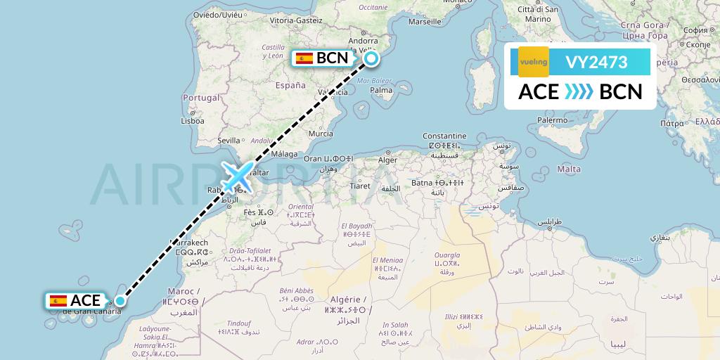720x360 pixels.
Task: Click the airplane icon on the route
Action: click(237, 176)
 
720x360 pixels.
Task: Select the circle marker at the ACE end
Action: click(120, 301)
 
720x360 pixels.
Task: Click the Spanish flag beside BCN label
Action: click(304, 58)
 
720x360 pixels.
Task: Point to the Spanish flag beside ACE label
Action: click(58, 301)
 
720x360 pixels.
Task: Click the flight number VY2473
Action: click(596, 62)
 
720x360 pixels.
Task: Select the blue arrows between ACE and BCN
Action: click(579, 92)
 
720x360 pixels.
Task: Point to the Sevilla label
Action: click(229, 140)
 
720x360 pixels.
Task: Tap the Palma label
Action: click(381, 90)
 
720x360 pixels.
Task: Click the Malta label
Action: click(568, 169)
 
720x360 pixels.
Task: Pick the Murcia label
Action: click(321, 134)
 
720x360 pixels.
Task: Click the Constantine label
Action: click(444, 136)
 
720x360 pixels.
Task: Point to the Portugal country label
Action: click(201, 98)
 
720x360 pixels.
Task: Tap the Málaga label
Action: click(285, 153)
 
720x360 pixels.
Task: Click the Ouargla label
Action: click(447, 255)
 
